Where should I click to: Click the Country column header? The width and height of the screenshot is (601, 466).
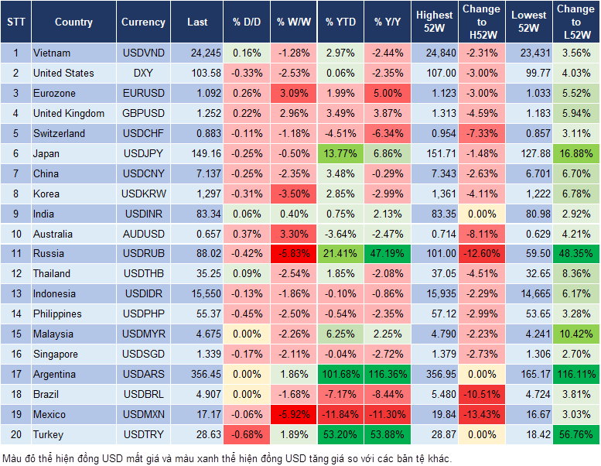pos(73,22)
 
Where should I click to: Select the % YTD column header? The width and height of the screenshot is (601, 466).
pos(340,22)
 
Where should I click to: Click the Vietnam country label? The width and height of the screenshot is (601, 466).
pos(52,53)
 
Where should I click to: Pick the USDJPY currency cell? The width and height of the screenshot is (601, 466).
pos(143,154)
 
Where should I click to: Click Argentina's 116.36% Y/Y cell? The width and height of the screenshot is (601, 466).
pos(388,375)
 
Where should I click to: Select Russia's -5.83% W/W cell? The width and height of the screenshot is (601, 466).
pos(295,254)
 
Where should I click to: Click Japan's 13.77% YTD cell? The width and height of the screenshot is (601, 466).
pos(340,154)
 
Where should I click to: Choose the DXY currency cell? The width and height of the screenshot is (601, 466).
pos(143,74)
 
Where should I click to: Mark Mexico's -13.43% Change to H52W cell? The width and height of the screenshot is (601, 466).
pos(480,415)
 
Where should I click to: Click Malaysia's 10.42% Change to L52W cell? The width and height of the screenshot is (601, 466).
pos(575,334)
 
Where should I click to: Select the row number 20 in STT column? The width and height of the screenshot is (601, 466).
pos(15,435)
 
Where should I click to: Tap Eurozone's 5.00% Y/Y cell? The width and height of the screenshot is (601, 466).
pos(388,94)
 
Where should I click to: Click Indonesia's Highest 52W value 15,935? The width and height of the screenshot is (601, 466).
pos(434,294)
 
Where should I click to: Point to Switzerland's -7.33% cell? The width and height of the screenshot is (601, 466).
pos(480,134)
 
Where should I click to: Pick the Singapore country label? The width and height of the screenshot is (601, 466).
pos(56,355)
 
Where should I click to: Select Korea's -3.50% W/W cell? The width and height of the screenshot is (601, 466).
pos(295,194)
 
